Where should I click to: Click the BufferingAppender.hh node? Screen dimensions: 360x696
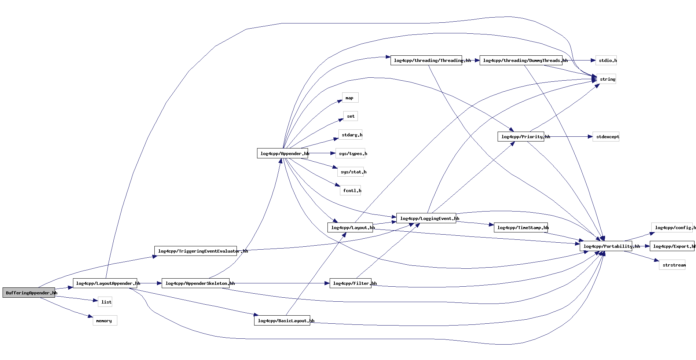pos(29,293)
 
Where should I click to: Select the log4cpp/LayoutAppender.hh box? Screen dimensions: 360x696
pos(105,283)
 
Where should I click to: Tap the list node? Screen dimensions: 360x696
pos(105,302)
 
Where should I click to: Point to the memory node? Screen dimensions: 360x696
pos(105,320)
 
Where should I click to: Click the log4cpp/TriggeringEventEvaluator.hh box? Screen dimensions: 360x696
pos(195,251)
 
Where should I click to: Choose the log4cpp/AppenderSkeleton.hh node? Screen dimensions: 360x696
pos(195,283)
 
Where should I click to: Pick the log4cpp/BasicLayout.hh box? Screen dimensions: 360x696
pos(282,320)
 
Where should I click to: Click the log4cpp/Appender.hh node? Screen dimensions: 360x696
pos(282,153)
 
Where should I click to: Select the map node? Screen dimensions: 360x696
pos(350,98)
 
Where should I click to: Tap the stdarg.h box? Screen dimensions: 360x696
pos(350,135)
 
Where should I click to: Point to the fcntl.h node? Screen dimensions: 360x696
pos(350,190)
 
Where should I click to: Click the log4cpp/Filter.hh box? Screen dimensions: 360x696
pos(350,283)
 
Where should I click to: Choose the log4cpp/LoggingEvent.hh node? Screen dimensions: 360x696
pos(426,218)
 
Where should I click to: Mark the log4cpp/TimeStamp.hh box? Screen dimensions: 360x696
pos(521,227)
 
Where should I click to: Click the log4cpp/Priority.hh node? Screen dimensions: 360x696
pos(521,136)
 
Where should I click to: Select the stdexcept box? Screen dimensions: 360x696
pos(606,136)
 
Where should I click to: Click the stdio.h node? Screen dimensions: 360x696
pos(606,60)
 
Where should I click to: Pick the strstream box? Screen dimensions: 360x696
pos(672,265)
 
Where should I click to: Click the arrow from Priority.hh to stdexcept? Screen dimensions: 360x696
pos(568,136)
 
